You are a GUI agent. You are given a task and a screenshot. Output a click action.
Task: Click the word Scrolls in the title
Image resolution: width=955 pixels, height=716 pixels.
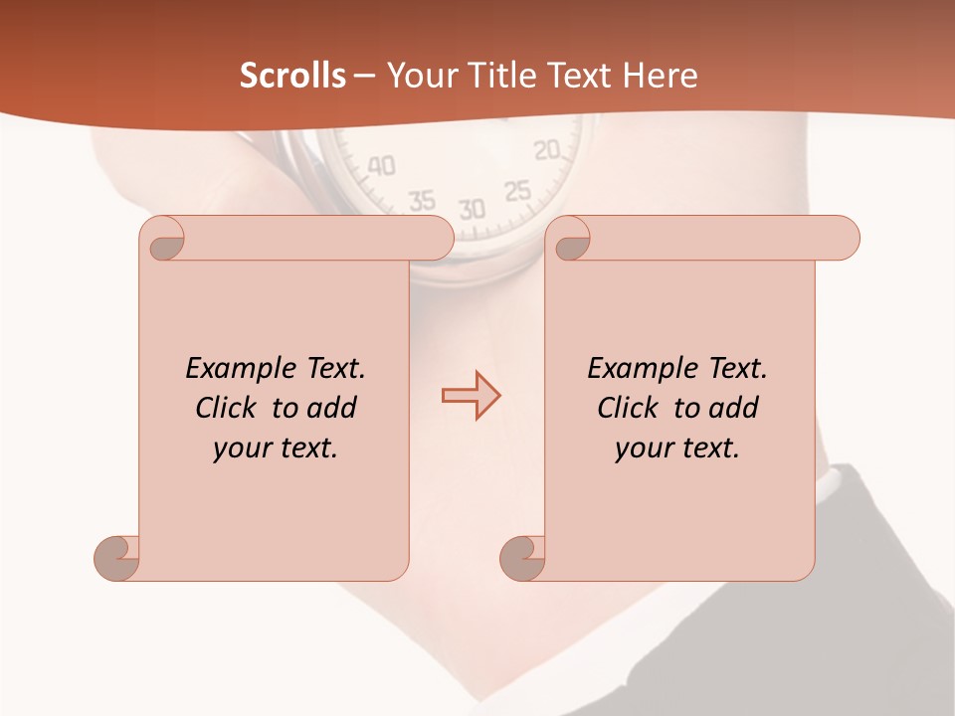point(292,76)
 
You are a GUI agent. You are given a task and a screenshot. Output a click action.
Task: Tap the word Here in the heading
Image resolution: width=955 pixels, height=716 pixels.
point(660,76)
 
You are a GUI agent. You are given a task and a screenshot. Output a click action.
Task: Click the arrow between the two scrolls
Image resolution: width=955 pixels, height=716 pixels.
point(471,396)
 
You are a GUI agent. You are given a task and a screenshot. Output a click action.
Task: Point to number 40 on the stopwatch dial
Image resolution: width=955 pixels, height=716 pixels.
point(381,165)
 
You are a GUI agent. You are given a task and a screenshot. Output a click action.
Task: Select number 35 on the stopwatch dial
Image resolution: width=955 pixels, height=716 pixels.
point(422,200)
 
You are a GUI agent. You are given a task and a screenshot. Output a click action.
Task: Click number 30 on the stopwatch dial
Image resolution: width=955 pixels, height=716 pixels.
point(472,209)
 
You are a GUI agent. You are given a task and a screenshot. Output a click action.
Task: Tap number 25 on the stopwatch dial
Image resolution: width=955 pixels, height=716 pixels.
point(517,190)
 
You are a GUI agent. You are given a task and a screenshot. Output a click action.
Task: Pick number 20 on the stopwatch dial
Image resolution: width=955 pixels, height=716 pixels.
point(547,150)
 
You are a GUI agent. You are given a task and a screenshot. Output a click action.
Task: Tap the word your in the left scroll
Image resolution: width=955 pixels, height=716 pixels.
point(242,448)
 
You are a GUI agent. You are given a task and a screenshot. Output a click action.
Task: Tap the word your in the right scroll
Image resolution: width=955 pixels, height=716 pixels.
point(644,448)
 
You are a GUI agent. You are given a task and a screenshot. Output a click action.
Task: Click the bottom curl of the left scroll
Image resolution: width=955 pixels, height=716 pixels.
point(116,558)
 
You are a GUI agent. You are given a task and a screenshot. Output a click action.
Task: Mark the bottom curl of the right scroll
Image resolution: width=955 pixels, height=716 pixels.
point(521,558)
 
